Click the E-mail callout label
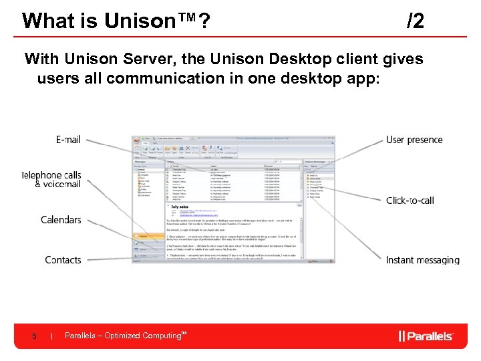tap(68, 140)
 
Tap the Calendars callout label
tap(61, 220)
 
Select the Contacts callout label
tap(63, 259)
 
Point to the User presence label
tap(414, 140)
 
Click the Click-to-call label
tap(410, 201)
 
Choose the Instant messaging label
tap(422, 259)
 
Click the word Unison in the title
tap(136, 21)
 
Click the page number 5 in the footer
tap(34, 336)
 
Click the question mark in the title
tap(200, 21)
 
